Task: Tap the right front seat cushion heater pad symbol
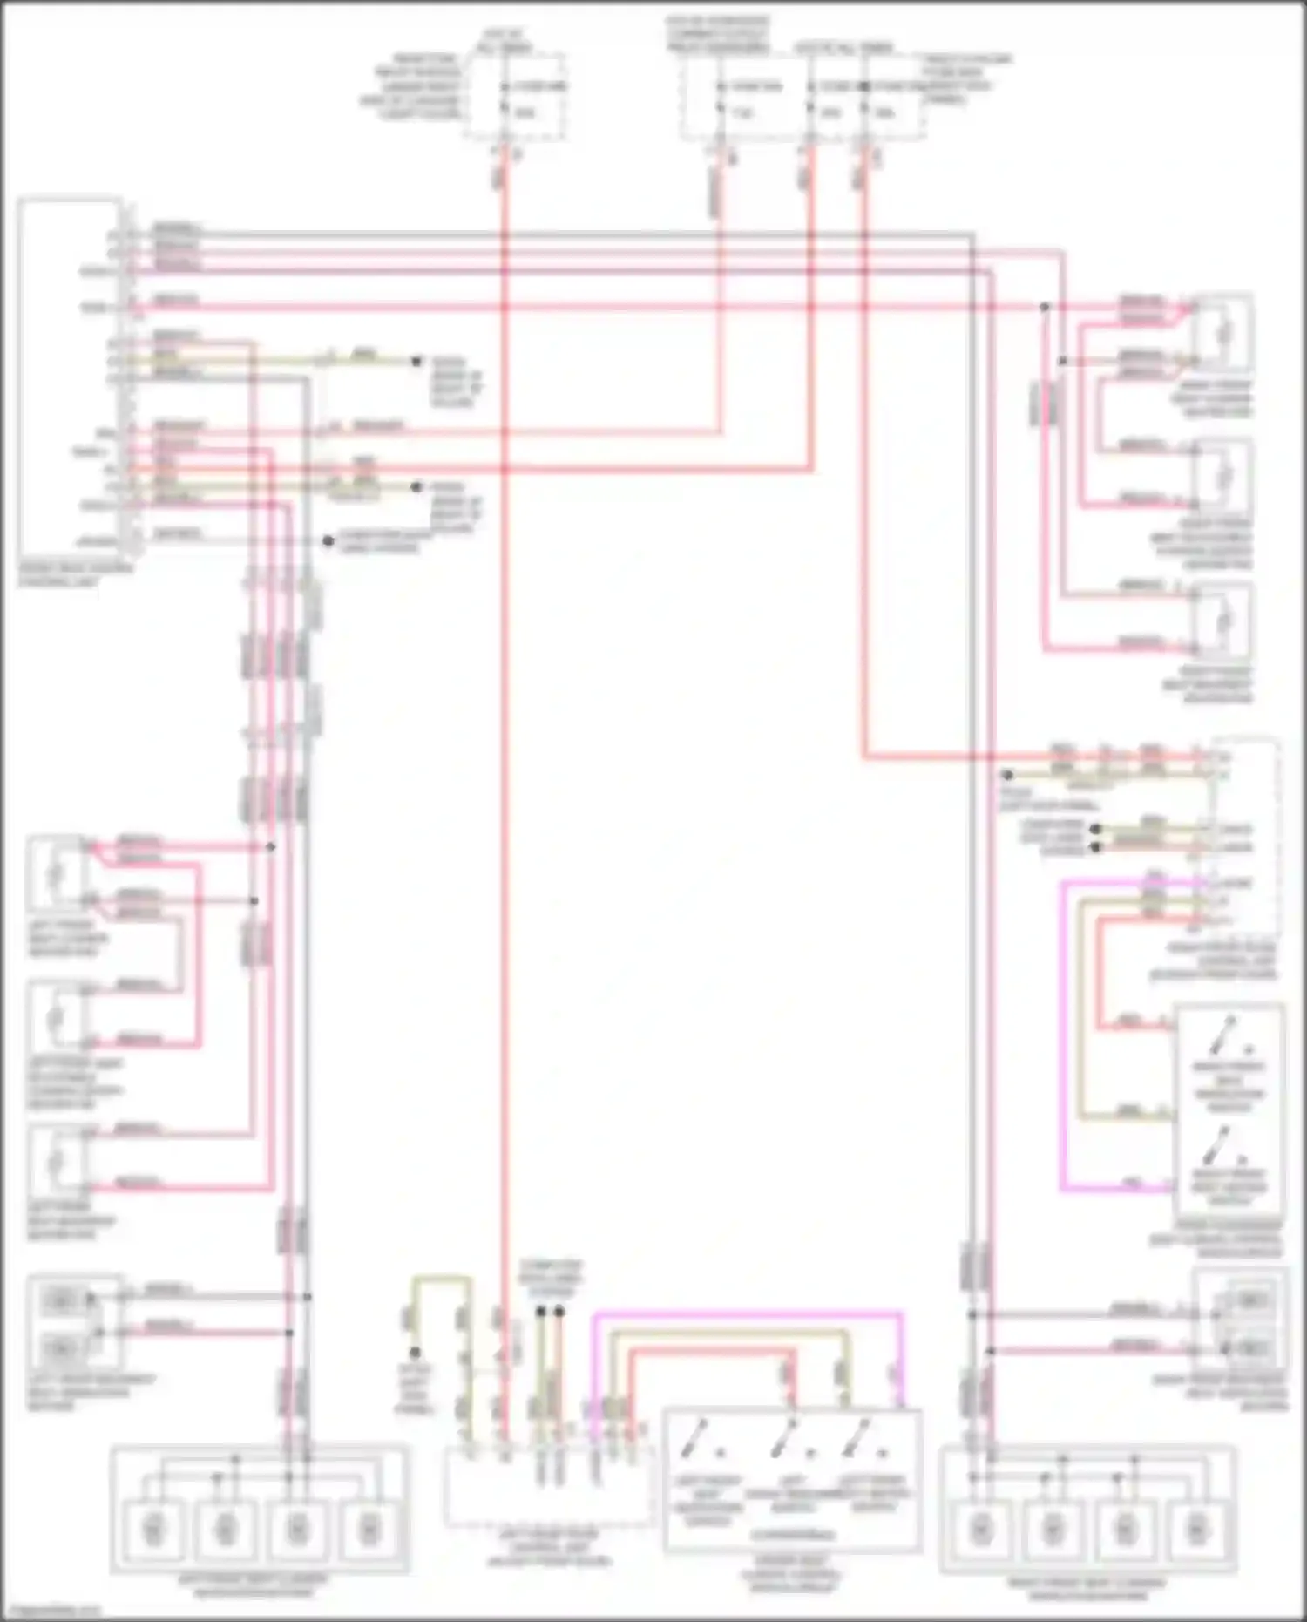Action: (x=1224, y=332)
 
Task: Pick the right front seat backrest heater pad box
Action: (x=1224, y=621)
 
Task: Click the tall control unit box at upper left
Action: (x=70, y=379)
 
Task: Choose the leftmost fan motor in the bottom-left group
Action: (x=152, y=1528)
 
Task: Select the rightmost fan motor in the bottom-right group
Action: (x=1197, y=1528)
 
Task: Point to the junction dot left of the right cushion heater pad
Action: (x=1045, y=307)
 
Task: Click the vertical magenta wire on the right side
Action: (x=1062, y=1037)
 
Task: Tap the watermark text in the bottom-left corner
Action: (x=51, y=1612)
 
